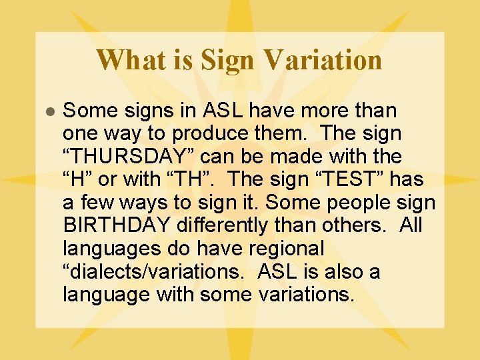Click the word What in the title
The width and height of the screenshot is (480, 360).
(127, 60)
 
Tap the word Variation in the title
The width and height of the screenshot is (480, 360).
(323, 60)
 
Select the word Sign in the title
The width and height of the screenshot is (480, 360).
(227, 60)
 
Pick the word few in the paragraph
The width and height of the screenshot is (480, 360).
(91, 203)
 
